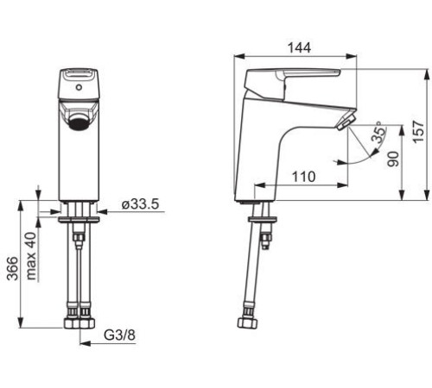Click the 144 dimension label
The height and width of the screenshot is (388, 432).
coord(300,47)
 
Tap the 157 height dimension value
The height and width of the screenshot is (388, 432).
coord(418,132)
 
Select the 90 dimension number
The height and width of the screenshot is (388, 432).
coord(393,160)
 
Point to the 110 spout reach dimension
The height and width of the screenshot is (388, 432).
coord(303,177)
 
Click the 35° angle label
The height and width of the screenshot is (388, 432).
coord(378,132)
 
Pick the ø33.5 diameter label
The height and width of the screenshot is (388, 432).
coord(140,204)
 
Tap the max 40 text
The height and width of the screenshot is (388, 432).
coord(31,256)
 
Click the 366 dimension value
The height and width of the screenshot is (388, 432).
coord(12,268)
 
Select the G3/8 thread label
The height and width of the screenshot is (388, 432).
coord(119,335)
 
